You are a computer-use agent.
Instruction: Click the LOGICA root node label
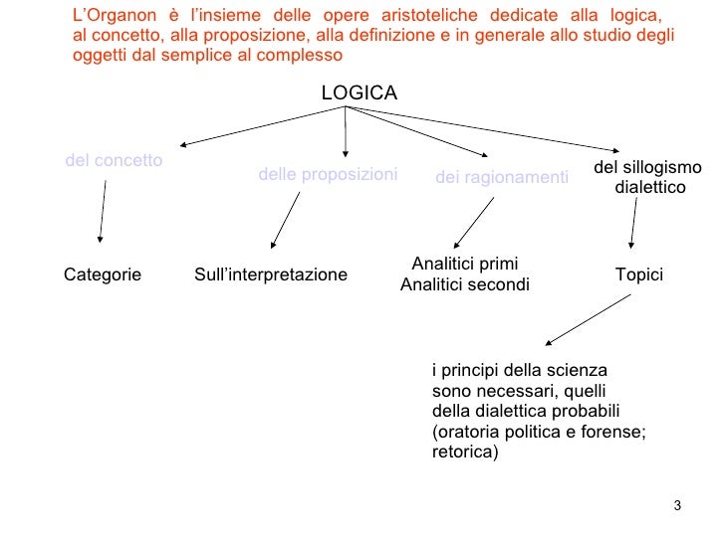tap(359, 93)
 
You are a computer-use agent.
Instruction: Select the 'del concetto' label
tap(114, 160)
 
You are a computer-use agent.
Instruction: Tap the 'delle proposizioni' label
tap(328, 175)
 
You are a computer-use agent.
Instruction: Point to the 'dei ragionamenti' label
tap(502, 178)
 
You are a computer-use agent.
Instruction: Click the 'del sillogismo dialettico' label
tap(647, 177)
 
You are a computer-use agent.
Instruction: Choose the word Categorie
tap(103, 274)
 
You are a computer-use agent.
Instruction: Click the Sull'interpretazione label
tap(271, 274)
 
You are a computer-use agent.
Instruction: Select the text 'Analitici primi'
tap(464, 265)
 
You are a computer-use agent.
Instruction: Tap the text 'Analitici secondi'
tap(464, 285)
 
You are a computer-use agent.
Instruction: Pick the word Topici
tap(639, 274)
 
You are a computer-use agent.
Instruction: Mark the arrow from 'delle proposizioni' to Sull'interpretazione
tap(286, 219)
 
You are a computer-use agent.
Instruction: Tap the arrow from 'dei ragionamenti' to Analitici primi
tap(474, 223)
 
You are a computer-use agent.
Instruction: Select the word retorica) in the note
tap(464, 452)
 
